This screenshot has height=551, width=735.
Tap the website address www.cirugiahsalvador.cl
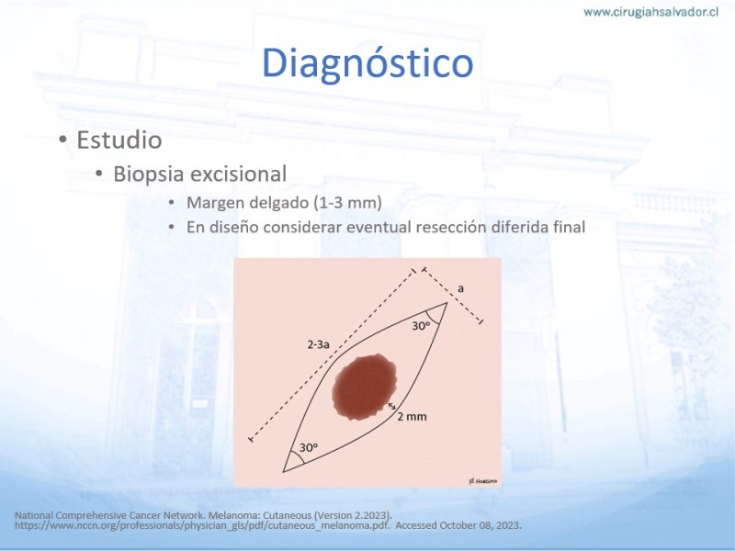[650, 12]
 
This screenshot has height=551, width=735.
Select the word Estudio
[119, 140]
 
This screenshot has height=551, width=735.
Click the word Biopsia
[148, 174]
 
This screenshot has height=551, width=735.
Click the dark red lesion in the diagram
[364, 387]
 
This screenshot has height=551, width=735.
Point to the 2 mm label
[412, 417]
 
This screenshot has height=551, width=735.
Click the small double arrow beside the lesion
[392, 406]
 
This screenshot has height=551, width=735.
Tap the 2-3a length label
[318, 345]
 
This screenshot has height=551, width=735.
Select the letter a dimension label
[461, 288]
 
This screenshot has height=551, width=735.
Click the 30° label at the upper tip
[421, 326]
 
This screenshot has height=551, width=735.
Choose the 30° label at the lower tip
[309, 447]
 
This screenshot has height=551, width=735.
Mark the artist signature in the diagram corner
[483, 481]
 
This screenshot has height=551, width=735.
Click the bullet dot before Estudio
[62, 141]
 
